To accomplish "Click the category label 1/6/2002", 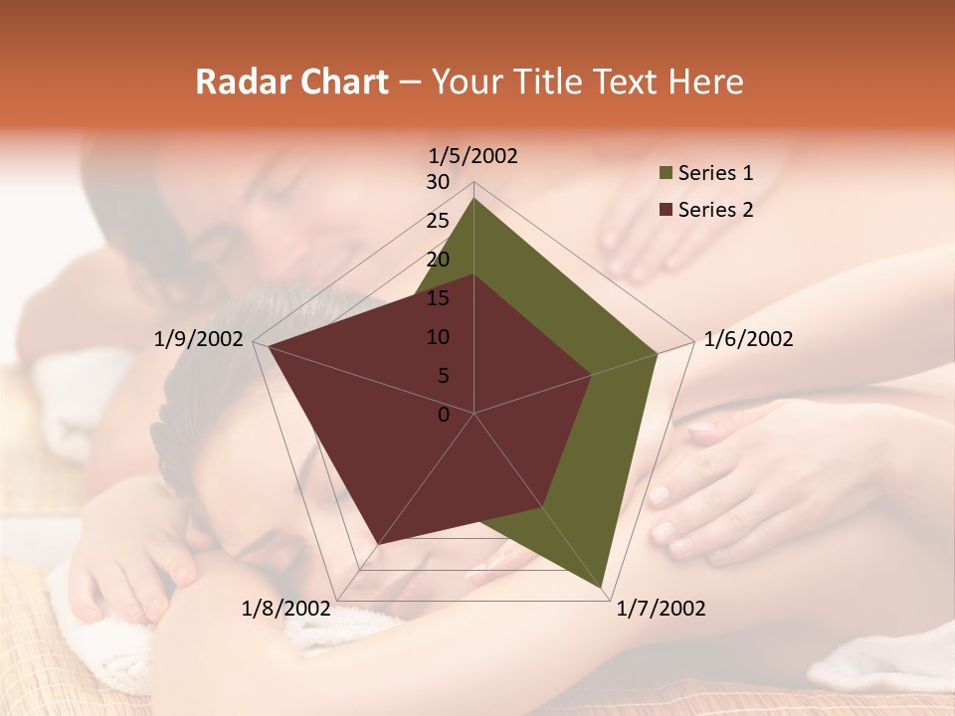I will (748, 339).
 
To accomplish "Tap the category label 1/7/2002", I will (661, 609).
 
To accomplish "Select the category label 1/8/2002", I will (286, 609).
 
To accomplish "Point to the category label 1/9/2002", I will (199, 339).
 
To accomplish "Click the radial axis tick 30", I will (438, 182).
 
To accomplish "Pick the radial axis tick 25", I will (438, 221).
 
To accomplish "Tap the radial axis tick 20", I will (438, 260).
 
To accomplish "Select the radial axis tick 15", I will (438, 298).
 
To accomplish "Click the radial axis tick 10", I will (438, 337).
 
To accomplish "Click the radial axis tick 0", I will (444, 415).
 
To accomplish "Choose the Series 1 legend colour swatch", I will (666, 174).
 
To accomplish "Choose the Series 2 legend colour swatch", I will (666, 210).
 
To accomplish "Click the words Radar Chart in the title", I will (291, 82).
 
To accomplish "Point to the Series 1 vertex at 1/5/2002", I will (474, 199).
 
